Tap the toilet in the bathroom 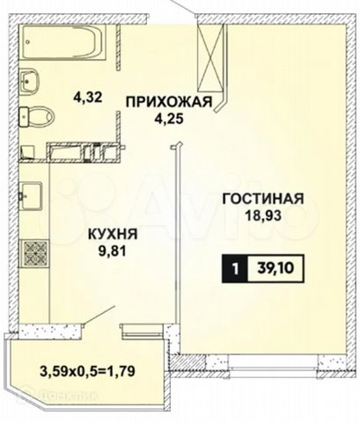point(37,117)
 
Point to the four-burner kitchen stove point(34,254)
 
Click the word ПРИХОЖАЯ point(169,102)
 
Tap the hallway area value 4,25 point(169,119)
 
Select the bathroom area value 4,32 point(88,98)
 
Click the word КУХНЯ point(113,234)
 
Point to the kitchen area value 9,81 point(112,251)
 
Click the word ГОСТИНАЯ point(263,199)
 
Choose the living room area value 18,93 point(263,215)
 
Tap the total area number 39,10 point(276,268)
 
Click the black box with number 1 point(235,269)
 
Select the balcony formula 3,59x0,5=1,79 point(87,372)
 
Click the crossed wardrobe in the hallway point(210,58)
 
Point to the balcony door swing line point(99,315)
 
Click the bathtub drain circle point(27,42)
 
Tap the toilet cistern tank point(24,117)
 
